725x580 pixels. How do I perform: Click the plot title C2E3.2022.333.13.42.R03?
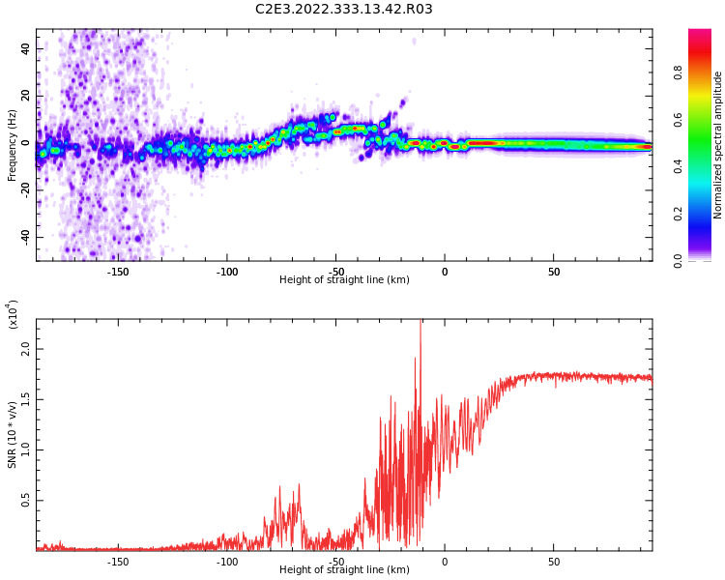point(344,10)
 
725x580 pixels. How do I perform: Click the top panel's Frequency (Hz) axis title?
point(13,145)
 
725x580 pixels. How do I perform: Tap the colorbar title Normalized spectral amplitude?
point(718,145)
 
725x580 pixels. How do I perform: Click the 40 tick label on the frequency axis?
point(25,48)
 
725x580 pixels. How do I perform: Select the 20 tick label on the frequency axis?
point(25,96)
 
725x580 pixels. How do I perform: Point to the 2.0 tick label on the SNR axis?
point(25,349)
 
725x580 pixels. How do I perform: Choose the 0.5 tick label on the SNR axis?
point(25,500)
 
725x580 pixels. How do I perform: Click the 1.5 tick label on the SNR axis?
point(25,399)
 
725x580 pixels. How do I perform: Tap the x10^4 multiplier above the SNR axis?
point(13,314)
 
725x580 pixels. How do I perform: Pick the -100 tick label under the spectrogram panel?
point(226,271)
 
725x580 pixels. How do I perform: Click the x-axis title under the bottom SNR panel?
point(344,570)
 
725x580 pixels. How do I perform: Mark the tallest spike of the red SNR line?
point(420,323)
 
